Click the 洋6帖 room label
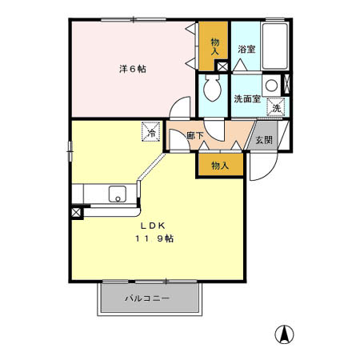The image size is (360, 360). [x=132, y=69]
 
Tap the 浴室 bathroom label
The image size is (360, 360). [x=246, y=50]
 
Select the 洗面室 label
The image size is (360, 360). [x=246, y=99]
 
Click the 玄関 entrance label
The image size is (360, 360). [x=263, y=140]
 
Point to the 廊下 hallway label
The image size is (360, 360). [x=195, y=137]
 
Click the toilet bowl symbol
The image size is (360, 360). [x=212, y=90]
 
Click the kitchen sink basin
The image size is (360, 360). [x=117, y=194]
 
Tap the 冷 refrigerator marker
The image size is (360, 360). [x=150, y=130]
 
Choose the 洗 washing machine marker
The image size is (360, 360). [x=276, y=107]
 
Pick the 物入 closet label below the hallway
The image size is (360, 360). [x=220, y=166]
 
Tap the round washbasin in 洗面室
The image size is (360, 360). [x=272, y=84]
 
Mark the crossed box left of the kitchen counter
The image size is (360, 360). [x=76, y=213]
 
